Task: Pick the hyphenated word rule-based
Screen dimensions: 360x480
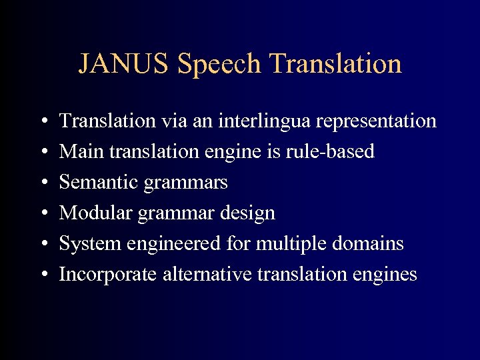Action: pyautogui.click(x=331, y=152)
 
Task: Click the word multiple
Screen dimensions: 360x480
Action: pyautogui.click(x=286, y=244)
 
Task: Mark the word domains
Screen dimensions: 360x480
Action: pyautogui.click(x=370, y=244)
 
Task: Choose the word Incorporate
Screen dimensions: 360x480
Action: pyautogui.click(x=108, y=275)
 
